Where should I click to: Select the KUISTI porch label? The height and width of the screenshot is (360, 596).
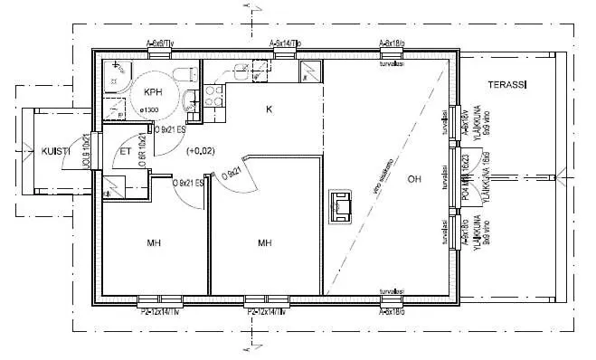click(x=56, y=151)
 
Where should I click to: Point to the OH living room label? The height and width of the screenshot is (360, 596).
click(x=414, y=178)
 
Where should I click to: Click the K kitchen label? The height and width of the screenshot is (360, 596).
click(x=269, y=109)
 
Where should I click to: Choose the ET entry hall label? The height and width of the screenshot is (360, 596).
click(x=126, y=152)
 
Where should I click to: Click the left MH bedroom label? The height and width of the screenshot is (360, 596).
click(x=154, y=242)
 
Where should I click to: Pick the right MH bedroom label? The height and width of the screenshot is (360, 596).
click(x=265, y=242)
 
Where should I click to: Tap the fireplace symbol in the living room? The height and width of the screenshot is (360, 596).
click(x=341, y=206)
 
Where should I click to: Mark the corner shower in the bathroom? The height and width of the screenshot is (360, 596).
click(x=116, y=76)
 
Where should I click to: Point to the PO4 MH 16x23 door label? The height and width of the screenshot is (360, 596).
click(x=466, y=179)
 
